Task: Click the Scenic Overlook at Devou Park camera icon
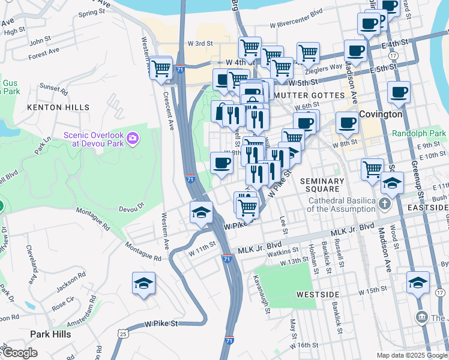(x=132, y=139)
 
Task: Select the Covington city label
(x=381, y=114)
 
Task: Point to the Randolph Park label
(x=420, y=133)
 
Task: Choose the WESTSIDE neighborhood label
(x=318, y=295)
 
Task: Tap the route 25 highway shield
(x=123, y=333)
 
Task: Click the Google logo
(x=21, y=353)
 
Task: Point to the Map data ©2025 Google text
(x=412, y=355)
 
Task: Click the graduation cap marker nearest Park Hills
(x=143, y=284)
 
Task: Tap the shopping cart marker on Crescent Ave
(x=160, y=68)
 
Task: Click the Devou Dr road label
(x=133, y=209)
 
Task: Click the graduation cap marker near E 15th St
(x=418, y=283)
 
